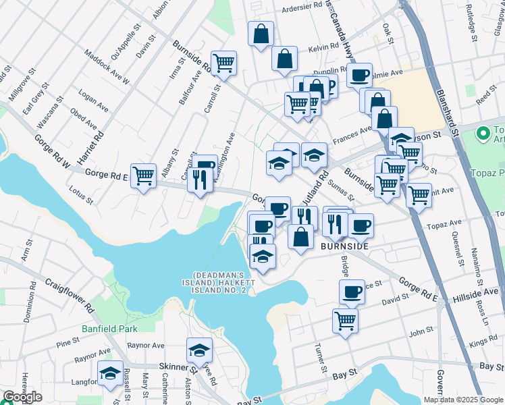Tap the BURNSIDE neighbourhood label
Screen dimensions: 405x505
(x=344, y=247)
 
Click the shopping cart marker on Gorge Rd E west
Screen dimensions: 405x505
(x=143, y=176)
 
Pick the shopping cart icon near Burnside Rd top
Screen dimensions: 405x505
(x=223, y=63)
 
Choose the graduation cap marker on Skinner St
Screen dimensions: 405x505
(x=200, y=350)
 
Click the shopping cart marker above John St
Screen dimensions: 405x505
(x=345, y=319)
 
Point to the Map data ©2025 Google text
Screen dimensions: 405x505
(x=463, y=400)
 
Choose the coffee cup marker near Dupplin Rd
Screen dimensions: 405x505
(x=360, y=74)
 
